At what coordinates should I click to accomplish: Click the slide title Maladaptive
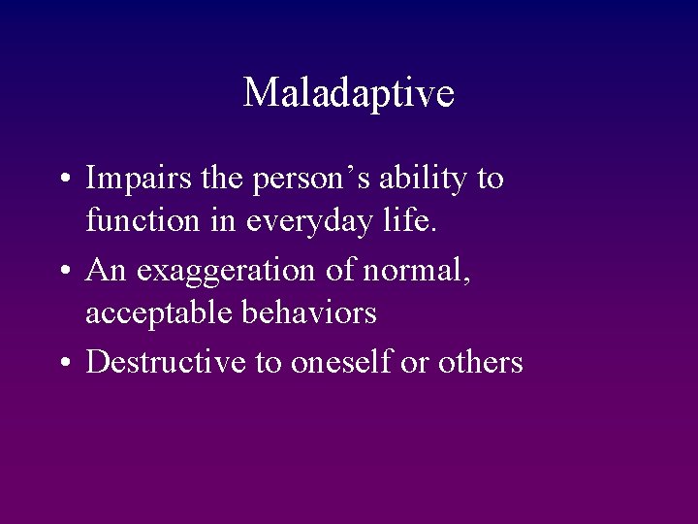click(348, 93)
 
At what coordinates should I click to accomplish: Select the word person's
click(297, 180)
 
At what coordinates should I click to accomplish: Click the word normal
click(416, 271)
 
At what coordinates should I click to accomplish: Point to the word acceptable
click(162, 313)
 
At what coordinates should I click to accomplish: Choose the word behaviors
click(313, 312)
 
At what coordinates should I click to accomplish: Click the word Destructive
click(166, 362)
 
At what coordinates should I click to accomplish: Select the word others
click(480, 362)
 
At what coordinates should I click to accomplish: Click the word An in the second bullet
click(107, 271)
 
